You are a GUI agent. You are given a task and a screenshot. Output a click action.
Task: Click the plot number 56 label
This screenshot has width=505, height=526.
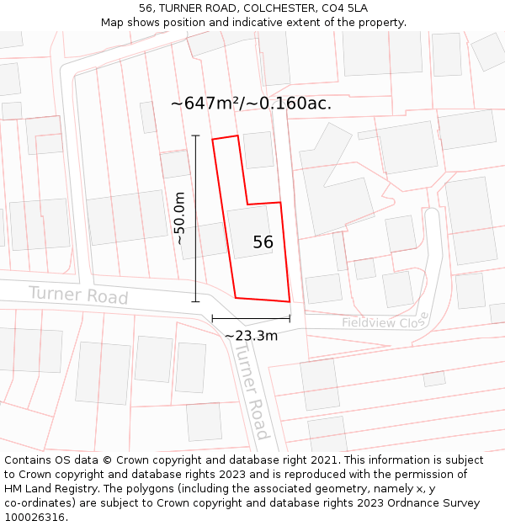coord(263,242)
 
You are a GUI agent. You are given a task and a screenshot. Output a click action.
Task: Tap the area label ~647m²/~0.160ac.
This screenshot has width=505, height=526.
coord(251,104)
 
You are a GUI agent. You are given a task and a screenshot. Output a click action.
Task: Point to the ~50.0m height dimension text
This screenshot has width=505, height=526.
coord(179,217)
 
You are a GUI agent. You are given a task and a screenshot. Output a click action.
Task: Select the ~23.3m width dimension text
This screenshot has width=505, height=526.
coord(251,336)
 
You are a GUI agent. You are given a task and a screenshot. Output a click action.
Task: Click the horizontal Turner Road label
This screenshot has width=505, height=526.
coord(78,295)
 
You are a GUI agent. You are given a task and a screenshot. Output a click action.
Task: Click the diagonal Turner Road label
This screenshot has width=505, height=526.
coord(250,394)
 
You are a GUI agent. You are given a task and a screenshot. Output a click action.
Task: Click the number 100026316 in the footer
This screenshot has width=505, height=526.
coord(36,518)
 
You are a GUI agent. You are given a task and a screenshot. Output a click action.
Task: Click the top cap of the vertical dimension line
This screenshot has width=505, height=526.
coord(195,135)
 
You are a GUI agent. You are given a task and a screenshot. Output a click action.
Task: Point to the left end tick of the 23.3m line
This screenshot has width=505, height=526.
coord(212,318)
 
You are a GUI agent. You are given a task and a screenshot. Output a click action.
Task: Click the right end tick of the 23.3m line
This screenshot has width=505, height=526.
coord(290,318)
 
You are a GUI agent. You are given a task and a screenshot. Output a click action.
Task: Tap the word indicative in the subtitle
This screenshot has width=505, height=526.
coord(249,22)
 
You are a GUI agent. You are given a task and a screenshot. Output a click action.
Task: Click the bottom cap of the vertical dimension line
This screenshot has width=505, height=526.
coord(195,300)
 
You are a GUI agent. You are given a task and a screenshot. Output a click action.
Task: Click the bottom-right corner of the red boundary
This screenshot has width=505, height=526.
coord(290,301)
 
